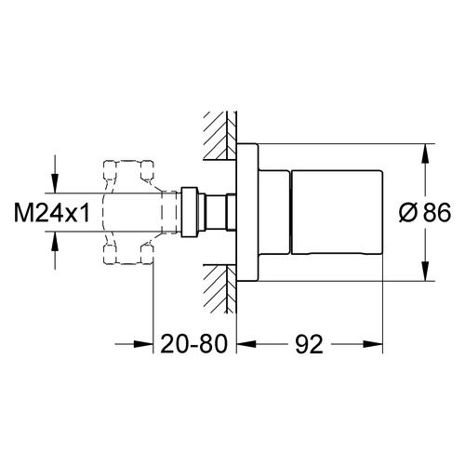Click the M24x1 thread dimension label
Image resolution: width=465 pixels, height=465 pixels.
[52, 212]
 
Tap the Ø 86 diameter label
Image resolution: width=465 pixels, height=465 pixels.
[425, 212]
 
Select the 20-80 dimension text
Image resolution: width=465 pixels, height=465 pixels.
[194, 344]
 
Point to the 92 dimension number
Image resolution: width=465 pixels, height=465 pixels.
[309, 344]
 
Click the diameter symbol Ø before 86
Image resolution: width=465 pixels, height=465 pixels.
[407, 213]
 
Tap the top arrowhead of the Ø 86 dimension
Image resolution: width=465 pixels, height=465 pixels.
[425, 153]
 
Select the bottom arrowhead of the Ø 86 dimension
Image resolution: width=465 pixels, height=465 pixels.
[425, 272]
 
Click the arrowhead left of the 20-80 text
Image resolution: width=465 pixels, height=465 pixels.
[143, 344]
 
